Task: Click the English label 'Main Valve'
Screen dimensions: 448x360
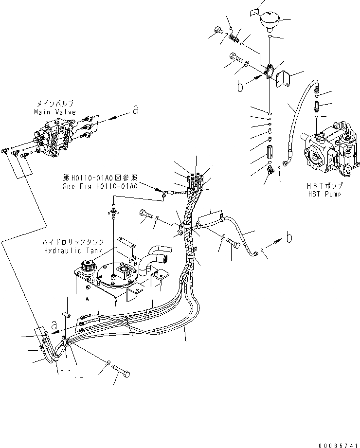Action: [55, 112]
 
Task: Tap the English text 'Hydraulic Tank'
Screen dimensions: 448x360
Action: [72, 250]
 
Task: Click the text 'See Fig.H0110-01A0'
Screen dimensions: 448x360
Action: [100, 186]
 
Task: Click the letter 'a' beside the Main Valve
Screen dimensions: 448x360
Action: [135, 110]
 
